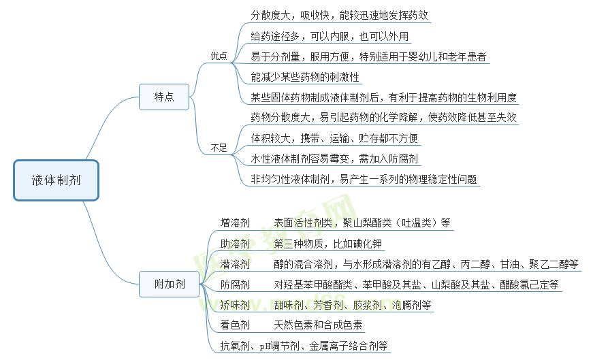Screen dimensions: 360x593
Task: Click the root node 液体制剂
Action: point(56,180)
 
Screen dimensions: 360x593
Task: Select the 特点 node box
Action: point(164,97)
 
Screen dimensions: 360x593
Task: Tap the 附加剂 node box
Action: point(170,284)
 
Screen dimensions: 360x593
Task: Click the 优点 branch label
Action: point(219,56)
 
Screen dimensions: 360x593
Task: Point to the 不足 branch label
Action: point(219,147)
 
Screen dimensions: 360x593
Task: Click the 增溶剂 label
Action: point(235,223)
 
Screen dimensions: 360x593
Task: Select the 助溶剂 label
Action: point(235,244)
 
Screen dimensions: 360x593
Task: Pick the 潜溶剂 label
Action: point(235,264)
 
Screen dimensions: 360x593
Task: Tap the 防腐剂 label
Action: point(235,284)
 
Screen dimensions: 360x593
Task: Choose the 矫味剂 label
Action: point(235,305)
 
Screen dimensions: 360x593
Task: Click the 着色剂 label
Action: point(235,325)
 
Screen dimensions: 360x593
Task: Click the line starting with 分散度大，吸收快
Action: point(339,15)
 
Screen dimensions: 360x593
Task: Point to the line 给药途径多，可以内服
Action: point(330,36)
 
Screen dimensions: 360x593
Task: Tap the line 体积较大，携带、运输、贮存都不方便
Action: point(334,138)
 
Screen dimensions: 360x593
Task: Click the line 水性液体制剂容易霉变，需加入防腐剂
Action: point(334,159)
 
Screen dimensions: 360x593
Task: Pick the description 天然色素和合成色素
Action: point(318,325)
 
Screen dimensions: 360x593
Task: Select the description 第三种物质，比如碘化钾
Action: point(328,244)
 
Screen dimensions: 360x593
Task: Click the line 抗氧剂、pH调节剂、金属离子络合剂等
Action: point(304,346)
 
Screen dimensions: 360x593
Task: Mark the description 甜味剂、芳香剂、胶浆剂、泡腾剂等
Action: point(353,305)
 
